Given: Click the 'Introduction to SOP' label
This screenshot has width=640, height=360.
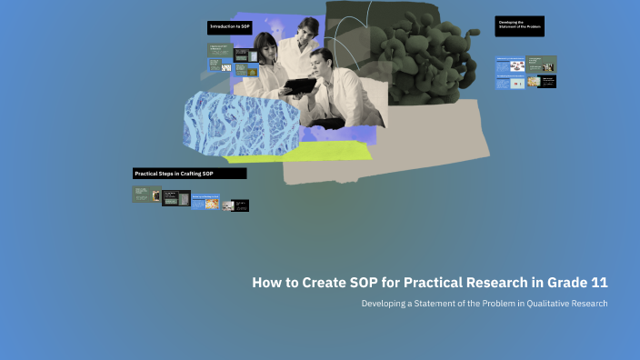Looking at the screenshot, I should pos(230,27).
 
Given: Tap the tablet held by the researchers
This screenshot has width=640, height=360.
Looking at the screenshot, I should pos(297,86).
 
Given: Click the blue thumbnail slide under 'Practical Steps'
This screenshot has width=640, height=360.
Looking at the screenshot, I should pos(205,202).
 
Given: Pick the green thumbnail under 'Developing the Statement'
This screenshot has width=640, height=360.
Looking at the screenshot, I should pos(542,65).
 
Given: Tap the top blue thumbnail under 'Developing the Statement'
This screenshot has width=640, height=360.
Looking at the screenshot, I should pos(510,65).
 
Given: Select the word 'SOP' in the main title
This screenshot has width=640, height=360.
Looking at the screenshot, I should pos(364,283).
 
